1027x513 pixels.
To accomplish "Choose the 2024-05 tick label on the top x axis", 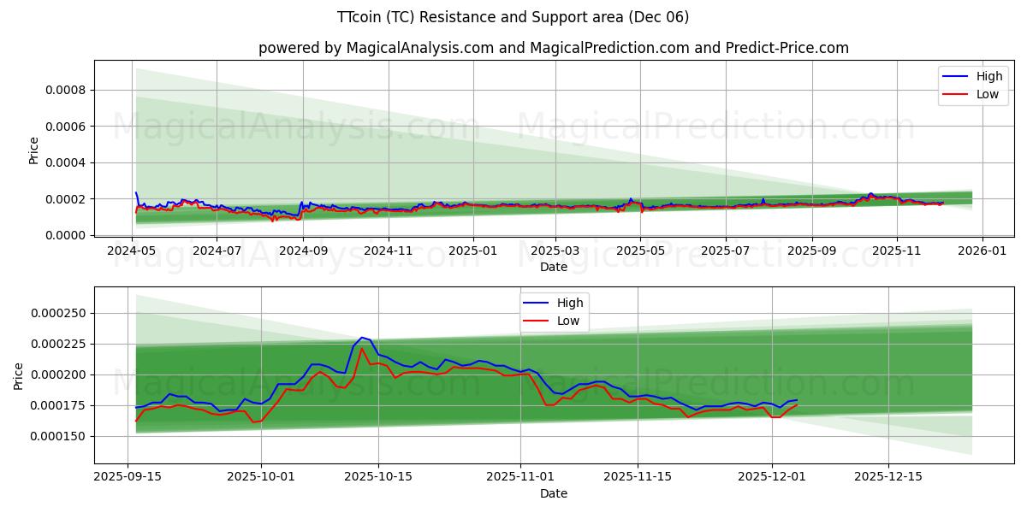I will click(132, 251).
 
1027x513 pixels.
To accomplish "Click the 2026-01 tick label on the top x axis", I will click(982, 251).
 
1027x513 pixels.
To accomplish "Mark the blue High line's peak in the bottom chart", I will click(362, 338).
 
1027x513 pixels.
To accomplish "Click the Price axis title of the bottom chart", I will click(20, 374).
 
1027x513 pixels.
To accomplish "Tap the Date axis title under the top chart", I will click(553, 267).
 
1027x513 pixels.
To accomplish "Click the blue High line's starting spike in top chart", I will click(136, 193).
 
